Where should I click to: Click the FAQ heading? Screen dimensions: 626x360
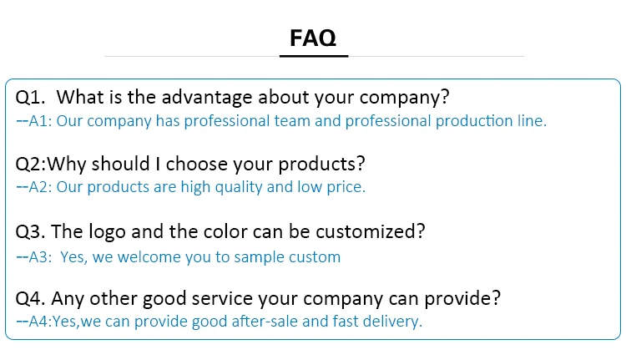[313, 38]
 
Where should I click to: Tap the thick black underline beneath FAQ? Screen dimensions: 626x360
[314, 56]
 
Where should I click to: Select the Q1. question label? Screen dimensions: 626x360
[30, 98]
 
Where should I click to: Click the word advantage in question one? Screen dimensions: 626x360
[207, 97]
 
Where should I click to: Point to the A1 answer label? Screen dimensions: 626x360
[40, 121]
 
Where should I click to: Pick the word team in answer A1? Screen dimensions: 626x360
[292, 121]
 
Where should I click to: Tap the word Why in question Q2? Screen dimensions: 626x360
[67, 164]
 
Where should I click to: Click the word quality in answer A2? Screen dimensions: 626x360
[239, 187]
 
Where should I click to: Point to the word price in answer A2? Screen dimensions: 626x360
[346, 187]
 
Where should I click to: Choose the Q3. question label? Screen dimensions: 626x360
[30, 231]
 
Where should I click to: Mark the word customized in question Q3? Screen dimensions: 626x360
[371, 231]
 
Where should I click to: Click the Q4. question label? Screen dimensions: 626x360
[30, 298]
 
